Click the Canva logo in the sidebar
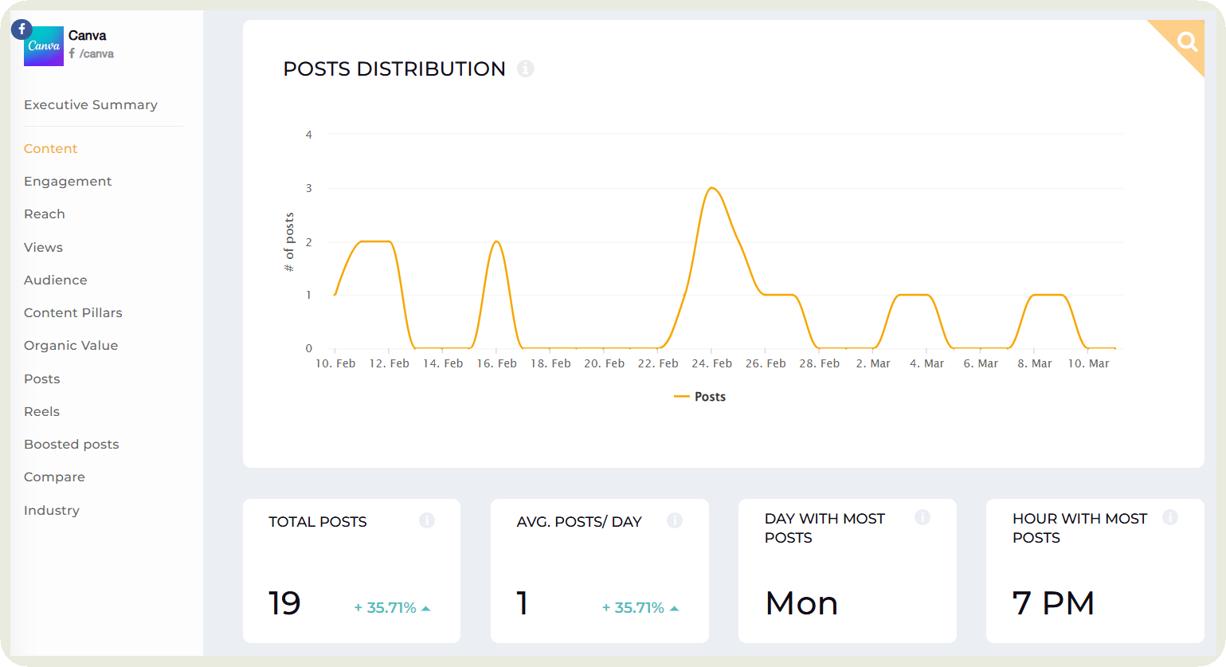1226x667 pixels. click(44, 46)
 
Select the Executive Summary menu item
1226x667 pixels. click(91, 105)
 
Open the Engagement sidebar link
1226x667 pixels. click(68, 182)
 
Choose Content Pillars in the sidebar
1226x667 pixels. click(73, 313)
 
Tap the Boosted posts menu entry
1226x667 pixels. click(72, 445)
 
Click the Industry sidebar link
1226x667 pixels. click(52, 511)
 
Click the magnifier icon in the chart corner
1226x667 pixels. click(1187, 41)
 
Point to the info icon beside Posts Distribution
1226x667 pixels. click(525, 69)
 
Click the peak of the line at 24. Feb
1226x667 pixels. click(711, 188)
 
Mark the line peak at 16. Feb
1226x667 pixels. click(496, 241)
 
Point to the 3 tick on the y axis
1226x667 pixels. click(309, 189)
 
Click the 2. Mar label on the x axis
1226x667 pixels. click(873, 363)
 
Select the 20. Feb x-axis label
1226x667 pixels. click(604, 363)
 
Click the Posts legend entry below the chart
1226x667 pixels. click(700, 397)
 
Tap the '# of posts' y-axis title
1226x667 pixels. click(289, 241)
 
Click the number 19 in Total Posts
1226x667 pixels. click(284, 603)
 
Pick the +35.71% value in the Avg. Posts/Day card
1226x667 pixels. click(633, 608)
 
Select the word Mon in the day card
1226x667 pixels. click(801, 603)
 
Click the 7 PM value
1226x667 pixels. click(1053, 603)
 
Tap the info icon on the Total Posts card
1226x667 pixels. click(427, 520)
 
